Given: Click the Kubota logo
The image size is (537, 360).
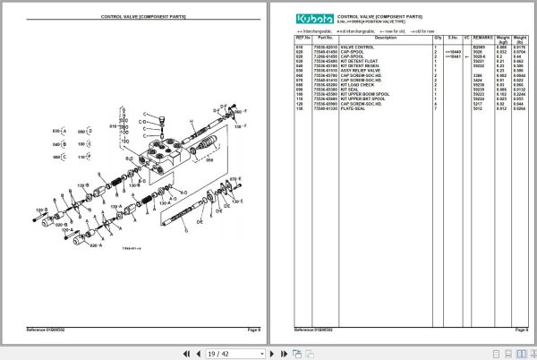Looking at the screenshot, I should [x=313, y=17].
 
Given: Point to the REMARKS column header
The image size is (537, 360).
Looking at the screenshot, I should [x=483, y=38].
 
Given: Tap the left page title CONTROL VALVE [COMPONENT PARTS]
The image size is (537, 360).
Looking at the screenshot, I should [x=143, y=16].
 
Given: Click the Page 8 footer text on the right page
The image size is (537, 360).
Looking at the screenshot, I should [x=521, y=330].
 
